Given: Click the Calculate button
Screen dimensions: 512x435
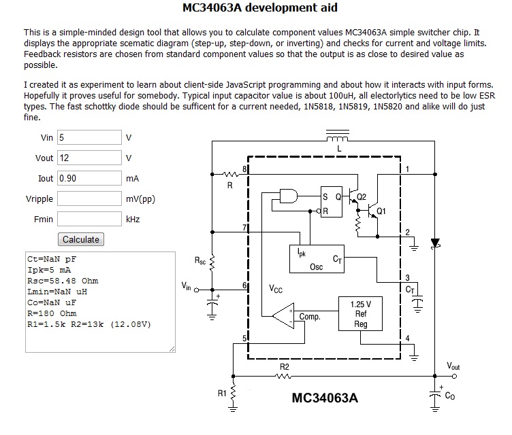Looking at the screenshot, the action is click(81, 239).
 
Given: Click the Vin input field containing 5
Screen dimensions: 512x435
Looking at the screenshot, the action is click(89, 137).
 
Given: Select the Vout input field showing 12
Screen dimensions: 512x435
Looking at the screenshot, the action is click(89, 158).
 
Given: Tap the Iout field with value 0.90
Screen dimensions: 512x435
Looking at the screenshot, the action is click(89, 178).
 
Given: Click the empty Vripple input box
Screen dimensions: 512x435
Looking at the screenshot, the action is click(89, 198).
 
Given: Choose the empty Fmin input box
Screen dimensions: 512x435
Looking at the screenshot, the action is click(89, 219).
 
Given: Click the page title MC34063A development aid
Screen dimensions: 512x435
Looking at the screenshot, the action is click(260, 7).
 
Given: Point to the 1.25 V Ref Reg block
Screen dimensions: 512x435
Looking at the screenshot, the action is click(360, 314).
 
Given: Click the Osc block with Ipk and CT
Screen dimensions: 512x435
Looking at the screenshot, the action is click(317, 259).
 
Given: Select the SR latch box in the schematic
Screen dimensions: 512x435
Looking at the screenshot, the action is click(332, 202).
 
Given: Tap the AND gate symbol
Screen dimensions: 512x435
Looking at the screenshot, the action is click(289, 196).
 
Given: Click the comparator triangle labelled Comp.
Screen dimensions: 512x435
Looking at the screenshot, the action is click(283, 315).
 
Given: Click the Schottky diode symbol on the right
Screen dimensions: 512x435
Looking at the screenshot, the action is click(435, 243).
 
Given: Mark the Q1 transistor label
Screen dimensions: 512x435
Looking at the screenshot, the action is click(381, 211).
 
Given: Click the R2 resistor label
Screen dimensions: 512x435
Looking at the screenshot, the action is click(285, 367).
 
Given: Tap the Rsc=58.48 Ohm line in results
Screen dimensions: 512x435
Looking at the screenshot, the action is click(63, 281).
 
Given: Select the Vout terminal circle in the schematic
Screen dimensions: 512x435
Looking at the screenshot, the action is click(454, 377).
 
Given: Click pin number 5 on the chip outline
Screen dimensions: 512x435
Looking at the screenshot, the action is click(244, 338).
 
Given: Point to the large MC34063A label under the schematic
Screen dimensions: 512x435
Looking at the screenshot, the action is click(325, 398).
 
